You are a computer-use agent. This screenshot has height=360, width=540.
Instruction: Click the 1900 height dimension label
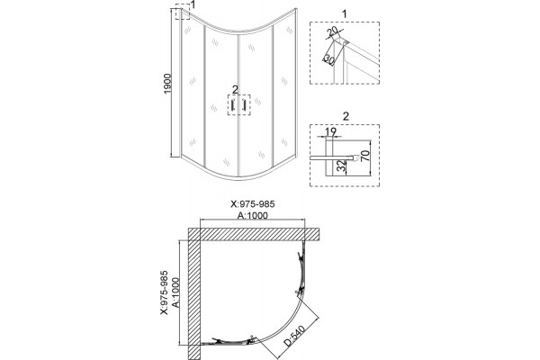(x=167, y=84)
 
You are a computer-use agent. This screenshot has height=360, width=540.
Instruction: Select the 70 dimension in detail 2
(x=365, y=156)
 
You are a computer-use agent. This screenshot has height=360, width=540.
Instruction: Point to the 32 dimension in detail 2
(x=341, y=166)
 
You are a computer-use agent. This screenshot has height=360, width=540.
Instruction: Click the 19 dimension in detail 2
(x=330, y=131)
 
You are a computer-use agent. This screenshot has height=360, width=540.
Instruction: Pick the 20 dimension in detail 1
(x=332, y=32)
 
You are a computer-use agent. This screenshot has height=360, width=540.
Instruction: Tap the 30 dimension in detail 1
(x=328, y=59)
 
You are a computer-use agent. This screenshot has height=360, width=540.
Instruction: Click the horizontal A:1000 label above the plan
(x=252, y=215)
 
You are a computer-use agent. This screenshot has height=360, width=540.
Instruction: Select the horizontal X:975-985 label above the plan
(x=252, y=204)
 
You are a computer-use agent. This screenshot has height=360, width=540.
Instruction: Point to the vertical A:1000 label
(x=175, y=292)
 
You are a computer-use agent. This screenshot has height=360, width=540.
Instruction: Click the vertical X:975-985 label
(x=164, y=292)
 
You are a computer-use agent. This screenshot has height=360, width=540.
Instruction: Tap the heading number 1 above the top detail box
(x=345, y=14)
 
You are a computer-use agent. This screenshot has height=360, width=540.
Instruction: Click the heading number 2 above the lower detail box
(x=346, y=116)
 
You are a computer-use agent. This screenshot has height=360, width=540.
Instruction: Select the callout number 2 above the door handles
(x=235, y=90)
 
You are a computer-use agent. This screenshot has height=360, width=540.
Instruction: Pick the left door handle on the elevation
(x=233, y=104)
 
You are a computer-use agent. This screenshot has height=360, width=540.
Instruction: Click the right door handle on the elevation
(x=244, y=104)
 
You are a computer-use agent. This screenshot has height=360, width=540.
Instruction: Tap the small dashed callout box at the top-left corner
(x=183, y=12)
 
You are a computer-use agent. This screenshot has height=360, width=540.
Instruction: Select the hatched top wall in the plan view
(x=254, y=234)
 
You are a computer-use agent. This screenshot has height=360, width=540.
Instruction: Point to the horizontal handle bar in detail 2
(x=333, y=157)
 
